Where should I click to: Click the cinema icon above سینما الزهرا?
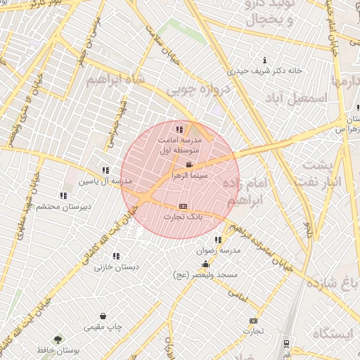(x=188, y=165)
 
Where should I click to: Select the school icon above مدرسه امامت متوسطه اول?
(x=180, y=129)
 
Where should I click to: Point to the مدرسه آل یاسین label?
(x=104, y=181)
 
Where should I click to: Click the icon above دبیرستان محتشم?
(x=63, y=195)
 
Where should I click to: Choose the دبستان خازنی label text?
(x=117, y=267)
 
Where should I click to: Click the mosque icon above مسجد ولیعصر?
(x=205, y=264)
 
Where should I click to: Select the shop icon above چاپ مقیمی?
(x=104, y=316)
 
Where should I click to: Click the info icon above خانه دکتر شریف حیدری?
(x=264, y=60)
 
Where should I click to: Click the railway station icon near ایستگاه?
(x=286, y=344)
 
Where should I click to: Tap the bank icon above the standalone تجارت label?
(x=253, y=321)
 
